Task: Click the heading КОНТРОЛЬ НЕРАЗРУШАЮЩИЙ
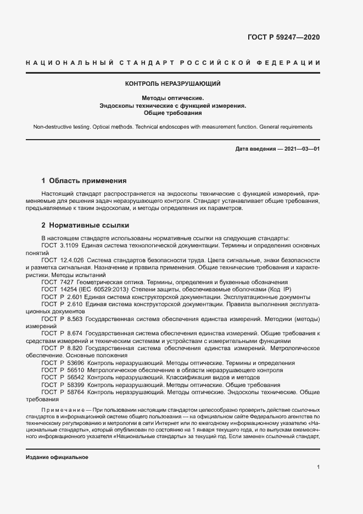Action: [x=173, y=84]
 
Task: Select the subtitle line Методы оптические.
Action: [x=173, y=98]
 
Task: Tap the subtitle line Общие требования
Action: [x=173, y=113]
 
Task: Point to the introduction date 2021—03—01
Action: [x=301, y=149]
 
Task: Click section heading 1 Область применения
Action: [x=84, y=180]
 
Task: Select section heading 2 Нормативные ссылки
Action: [x=86, y=225]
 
